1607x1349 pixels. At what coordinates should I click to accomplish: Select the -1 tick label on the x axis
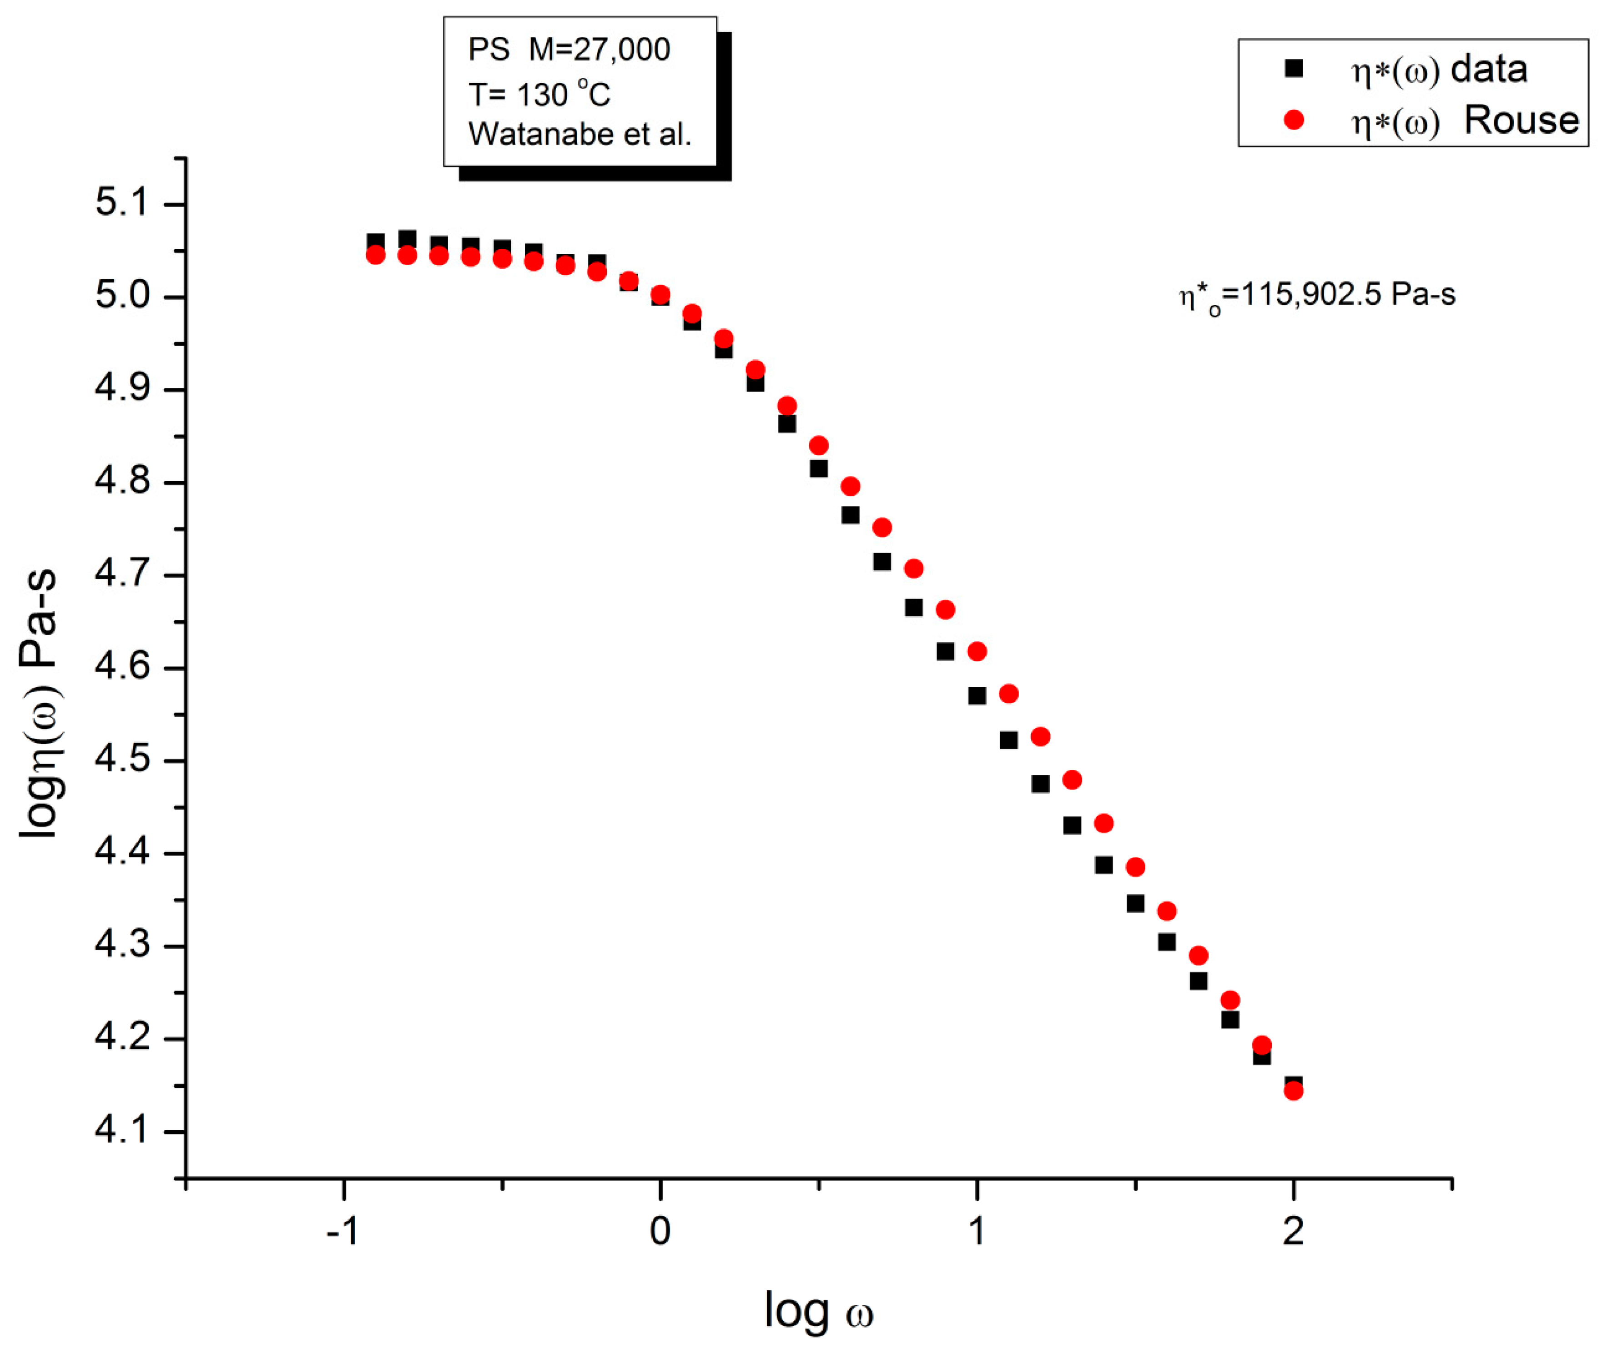coord(343,1231)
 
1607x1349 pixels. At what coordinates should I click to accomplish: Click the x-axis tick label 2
coord(1293,1231)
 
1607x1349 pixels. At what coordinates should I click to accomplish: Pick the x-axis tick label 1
coord(977,1231)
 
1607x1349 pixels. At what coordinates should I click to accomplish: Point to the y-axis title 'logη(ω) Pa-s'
coord(40,704)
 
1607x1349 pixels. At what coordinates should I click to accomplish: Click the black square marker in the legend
coord(1293,69)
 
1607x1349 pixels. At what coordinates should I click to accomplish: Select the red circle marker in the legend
coord(1293,120)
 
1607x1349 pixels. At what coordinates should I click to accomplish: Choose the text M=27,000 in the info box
coord(599,50)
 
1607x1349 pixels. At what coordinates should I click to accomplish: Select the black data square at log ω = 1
coord(977,695)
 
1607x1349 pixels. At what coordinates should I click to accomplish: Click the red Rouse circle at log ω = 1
coord(977,651)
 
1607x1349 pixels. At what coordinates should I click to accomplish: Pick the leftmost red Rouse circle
coord(375,255)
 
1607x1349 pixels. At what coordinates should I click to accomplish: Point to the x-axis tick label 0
coord(660,1231)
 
